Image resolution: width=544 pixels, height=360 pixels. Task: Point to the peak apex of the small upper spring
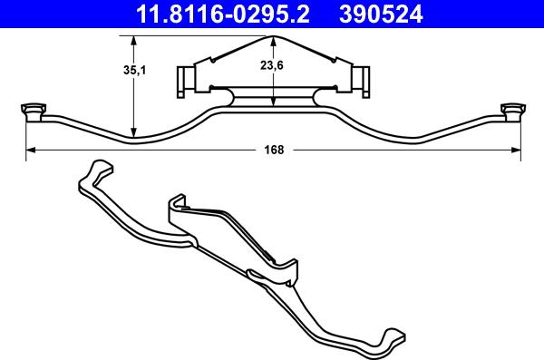274,37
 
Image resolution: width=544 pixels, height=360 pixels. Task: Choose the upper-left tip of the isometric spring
94,166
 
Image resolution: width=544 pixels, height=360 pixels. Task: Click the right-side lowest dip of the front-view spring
413,141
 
